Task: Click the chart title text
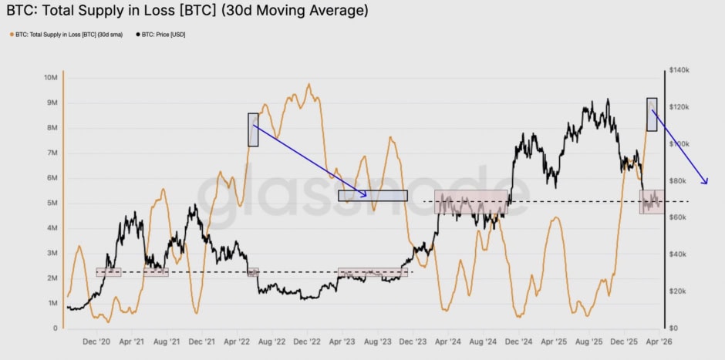coord(184,11)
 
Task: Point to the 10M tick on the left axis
coord(51,78)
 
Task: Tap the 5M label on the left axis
coord(52,203)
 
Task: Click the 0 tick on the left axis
coord(55,328)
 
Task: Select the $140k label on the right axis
coord(679,70)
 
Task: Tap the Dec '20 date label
coord(96,341)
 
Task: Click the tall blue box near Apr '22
coord(253,130)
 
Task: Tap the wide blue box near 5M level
coord(373,196)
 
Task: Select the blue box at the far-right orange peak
coord(652,114)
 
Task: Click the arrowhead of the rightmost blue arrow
coord(705,182)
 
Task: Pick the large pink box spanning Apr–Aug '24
coord(471,201)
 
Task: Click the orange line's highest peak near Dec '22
coord(309,85)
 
